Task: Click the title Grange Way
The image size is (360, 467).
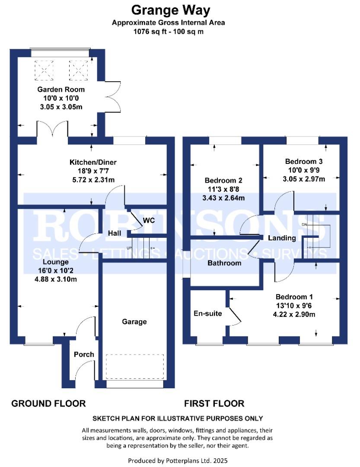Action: [x=171, y=10]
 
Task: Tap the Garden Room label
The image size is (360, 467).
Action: [x=61, y=90]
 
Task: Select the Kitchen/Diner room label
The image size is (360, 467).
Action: [x=93, y=162]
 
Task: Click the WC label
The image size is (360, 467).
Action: [x=149, y=221]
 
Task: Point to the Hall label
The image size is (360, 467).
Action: [x=115, y=233]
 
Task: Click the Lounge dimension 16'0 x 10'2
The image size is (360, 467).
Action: [x=56, y=271]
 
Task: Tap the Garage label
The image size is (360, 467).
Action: [x=134, y=322]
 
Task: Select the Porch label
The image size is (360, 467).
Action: [x=84, y=355]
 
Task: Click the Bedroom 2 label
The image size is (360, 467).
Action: [x=223, y=180]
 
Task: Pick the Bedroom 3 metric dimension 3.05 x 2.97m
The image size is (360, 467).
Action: [x=304, y=179]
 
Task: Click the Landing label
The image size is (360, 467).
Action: [x=282, y=238]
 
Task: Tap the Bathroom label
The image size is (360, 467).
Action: [x=224, y=263]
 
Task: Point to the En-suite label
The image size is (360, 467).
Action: [x=207, y=313]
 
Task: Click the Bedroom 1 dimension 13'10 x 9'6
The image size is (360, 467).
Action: [x=294, y=306]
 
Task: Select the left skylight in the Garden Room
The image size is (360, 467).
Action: [x=44, y=70]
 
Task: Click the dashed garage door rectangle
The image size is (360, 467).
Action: [x=135, y=367]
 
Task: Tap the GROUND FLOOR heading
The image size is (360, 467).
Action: [x=48, y=403]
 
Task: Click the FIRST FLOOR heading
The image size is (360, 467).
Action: [x=214, y=403]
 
